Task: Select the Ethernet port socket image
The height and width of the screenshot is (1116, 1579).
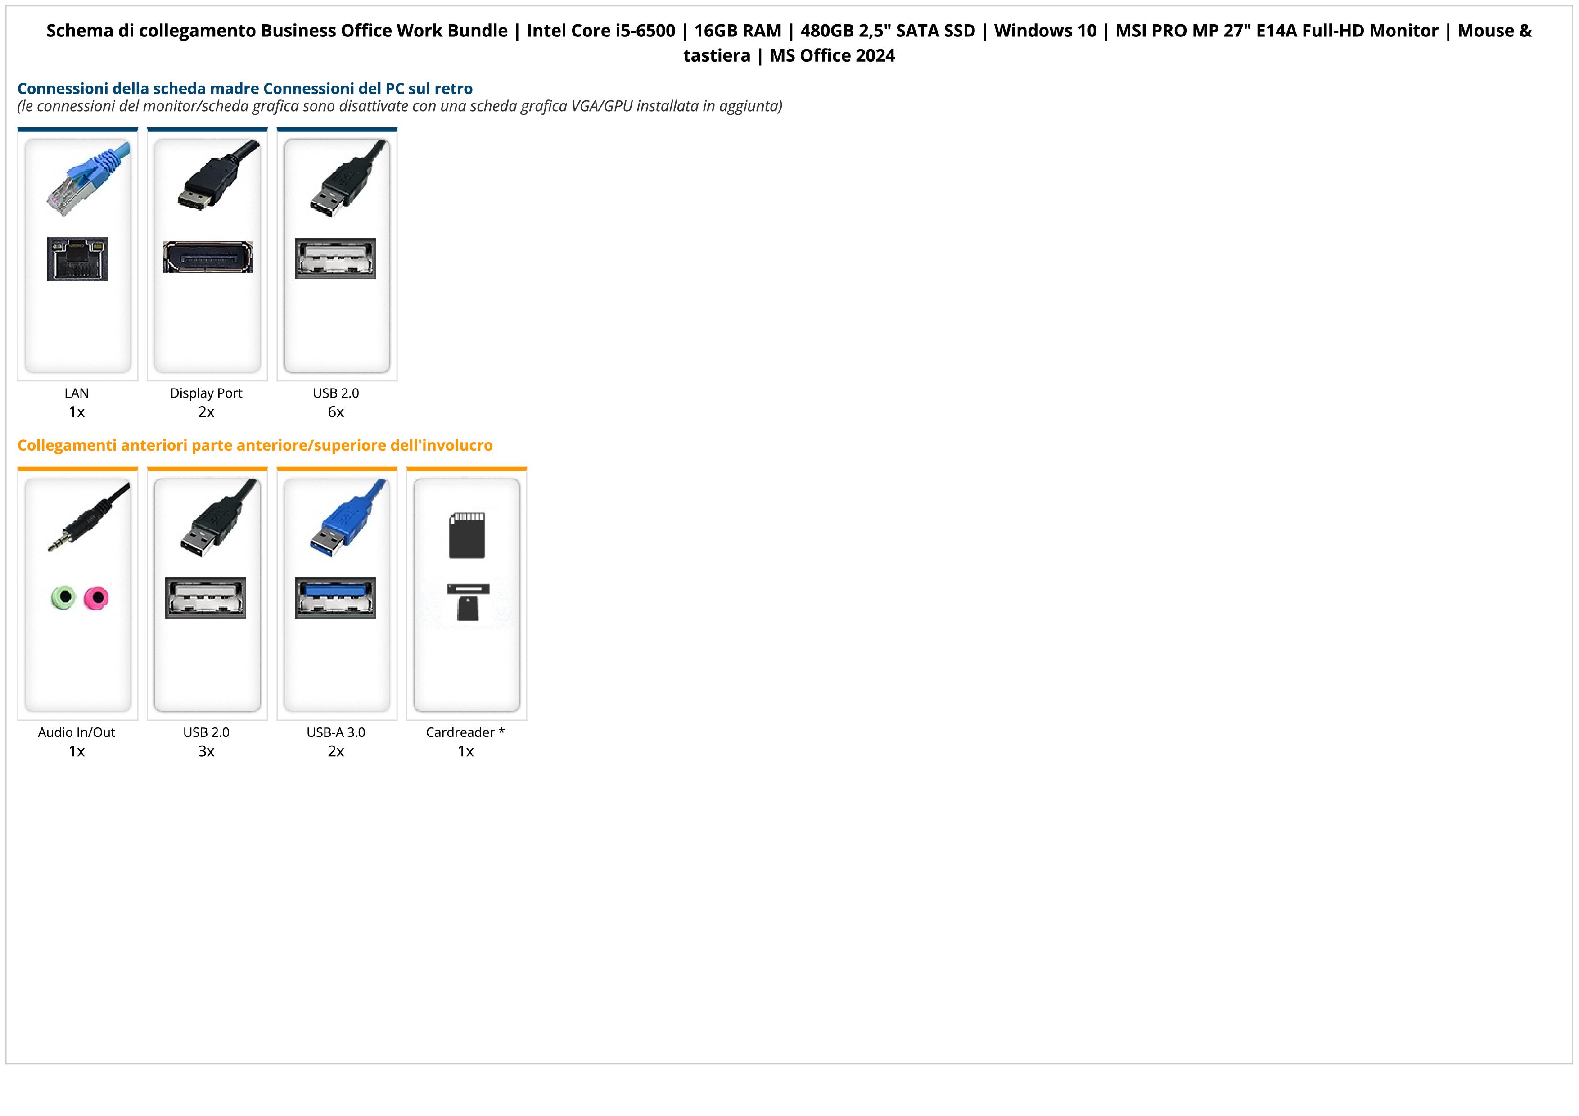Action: coord(78,258)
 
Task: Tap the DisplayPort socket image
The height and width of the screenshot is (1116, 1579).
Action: coord(208,257)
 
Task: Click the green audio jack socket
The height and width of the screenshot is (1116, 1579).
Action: coord(63,597)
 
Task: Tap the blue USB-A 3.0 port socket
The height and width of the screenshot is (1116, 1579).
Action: coord(336,597)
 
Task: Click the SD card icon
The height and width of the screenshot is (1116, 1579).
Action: coord(466,535)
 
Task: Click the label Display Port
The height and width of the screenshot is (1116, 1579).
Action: coord(206,393)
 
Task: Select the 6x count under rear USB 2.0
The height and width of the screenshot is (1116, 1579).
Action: coord(336,412)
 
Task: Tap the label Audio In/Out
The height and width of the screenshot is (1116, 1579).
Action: coord(77,732)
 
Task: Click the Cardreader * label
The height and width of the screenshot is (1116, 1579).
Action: coord(465,732)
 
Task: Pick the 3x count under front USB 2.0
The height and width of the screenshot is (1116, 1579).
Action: coord(206,751)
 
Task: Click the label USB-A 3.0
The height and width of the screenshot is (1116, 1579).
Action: coord(336,732)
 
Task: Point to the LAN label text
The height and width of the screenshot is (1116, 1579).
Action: coord(77,393)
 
